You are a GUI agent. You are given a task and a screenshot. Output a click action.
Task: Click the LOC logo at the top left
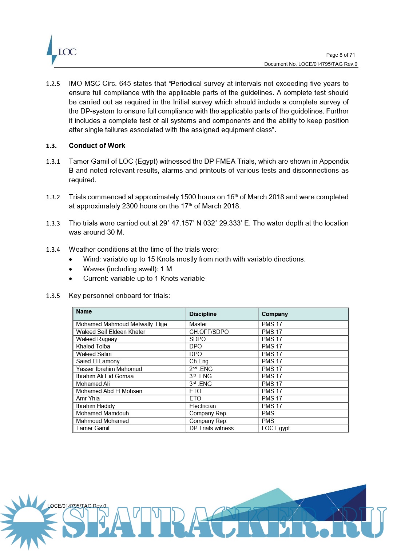coord(62,51)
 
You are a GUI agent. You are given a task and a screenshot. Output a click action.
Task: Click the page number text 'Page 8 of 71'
coord(340,55)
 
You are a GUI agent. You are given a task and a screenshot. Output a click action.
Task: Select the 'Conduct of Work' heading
coord(97,146)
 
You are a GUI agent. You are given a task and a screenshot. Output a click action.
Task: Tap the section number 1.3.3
coord(53,223)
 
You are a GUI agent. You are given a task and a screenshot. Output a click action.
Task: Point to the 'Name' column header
coord(84,312)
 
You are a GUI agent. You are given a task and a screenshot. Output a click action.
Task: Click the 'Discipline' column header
coord(203,314)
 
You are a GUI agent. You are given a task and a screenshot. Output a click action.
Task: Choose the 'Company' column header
coord(275,314)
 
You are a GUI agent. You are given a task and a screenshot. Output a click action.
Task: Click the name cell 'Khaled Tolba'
coord(93,346)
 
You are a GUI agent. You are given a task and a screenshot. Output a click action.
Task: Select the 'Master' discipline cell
coord(198,324)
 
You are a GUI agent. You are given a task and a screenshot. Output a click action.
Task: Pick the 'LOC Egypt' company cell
coord(276,428)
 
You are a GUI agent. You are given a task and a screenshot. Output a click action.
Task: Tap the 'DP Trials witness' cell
coord(211,428)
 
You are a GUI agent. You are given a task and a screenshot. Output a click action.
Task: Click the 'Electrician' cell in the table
coord(203,406)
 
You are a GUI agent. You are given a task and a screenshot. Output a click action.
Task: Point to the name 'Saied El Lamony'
coord(98,361)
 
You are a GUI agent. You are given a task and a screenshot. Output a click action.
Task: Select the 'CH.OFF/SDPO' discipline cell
coord(209,332)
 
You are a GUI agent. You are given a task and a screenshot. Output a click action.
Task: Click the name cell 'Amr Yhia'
coord(88,398)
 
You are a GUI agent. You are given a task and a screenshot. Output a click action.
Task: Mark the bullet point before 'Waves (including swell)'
coord(71,269)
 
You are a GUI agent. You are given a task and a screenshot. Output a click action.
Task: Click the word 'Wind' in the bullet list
coord(91,259)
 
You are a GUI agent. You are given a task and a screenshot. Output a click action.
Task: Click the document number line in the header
coord(310,64)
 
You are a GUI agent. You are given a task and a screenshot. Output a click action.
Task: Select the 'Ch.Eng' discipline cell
coord(199,361)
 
